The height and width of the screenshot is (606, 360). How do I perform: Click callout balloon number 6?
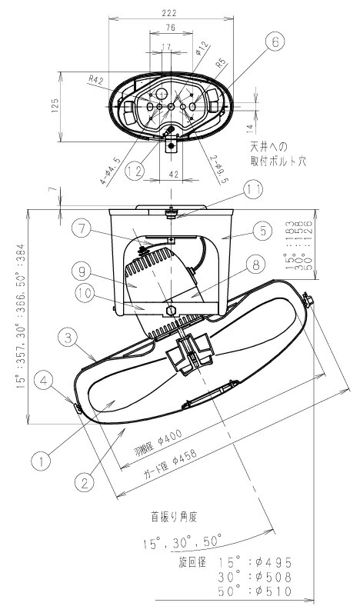tap(275, 44)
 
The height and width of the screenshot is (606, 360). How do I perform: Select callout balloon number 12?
tap(135, 170)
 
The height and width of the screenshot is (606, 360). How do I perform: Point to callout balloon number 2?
tap(85, 482)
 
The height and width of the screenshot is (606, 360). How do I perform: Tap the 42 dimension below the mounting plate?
tap(173, 175)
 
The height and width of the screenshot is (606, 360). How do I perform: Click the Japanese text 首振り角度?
tap(178, 517)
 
